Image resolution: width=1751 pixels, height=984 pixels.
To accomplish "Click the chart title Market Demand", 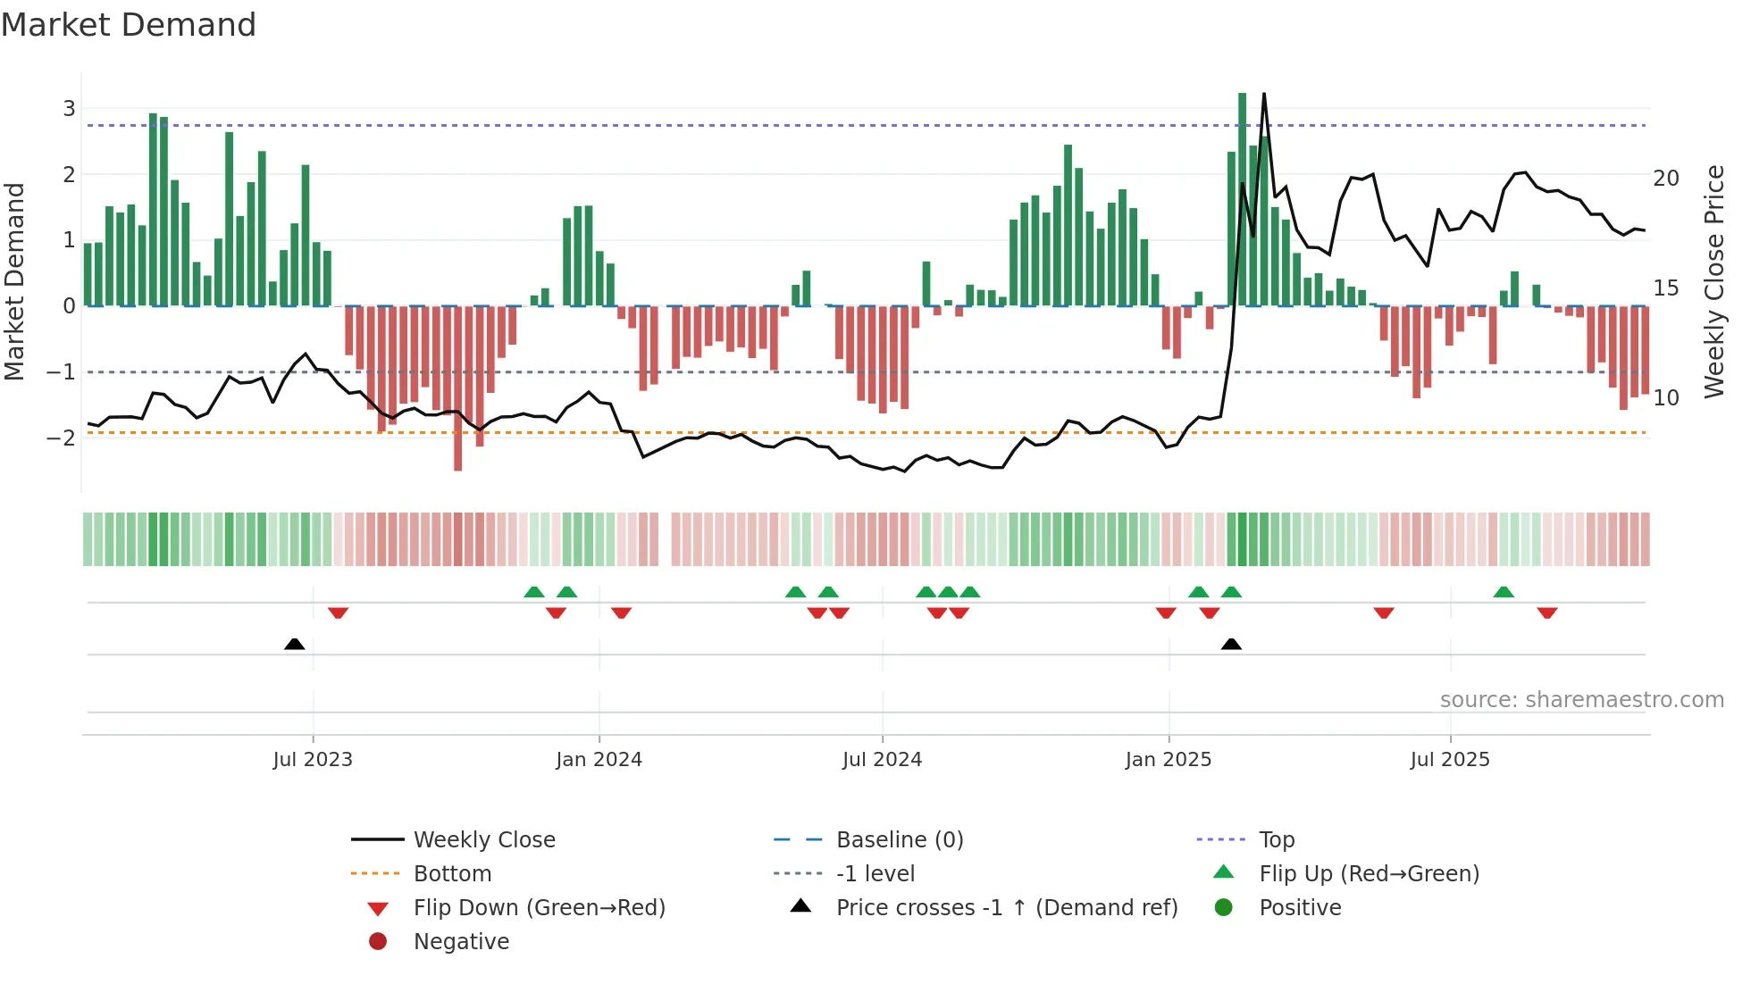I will pos(129,25).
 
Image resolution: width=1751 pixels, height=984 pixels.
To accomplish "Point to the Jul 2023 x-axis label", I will pos(313,760).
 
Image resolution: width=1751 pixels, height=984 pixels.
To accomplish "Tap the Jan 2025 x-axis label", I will pos(1168,760).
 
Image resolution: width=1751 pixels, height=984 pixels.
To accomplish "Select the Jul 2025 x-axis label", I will pos(1450,760).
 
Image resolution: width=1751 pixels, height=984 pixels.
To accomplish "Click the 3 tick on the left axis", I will pos(69,109).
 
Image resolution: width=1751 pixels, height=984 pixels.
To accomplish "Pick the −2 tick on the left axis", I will pos(62,438).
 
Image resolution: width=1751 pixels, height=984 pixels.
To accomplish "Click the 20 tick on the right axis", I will pos(1666,179).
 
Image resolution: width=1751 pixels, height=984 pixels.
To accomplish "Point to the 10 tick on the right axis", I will pos(1666,398).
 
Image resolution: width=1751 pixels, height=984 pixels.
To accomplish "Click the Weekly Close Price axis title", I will pos(1713,281).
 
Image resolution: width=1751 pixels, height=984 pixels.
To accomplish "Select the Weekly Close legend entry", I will pos(483,840).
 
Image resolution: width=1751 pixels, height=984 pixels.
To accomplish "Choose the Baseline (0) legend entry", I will pos(899,840).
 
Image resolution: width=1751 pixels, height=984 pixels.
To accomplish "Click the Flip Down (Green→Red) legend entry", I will pos(539,908).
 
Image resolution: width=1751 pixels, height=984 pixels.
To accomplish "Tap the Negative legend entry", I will pos(461,942).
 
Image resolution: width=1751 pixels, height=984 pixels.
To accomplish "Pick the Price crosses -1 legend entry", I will pos(1006,908).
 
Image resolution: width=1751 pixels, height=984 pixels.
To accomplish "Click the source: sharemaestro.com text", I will pos(1581,700).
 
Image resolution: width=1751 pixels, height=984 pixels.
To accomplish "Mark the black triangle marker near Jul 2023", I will pos(294,644).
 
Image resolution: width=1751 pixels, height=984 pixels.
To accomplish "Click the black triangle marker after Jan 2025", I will pos(1231,644).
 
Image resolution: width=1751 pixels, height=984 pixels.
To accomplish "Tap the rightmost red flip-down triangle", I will pos(1547,613).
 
